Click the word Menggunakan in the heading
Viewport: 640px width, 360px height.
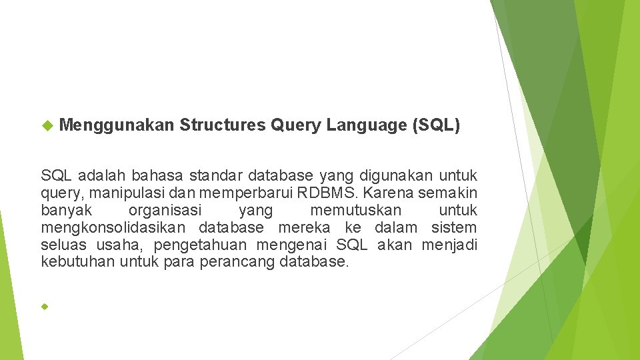coord(117,125)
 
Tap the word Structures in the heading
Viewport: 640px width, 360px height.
coord(223,125)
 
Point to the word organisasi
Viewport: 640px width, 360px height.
coord(165,211)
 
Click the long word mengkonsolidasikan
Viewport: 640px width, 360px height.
coord(115,228)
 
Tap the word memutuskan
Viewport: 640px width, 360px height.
coord(356,211)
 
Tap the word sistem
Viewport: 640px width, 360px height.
coord(454,228)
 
